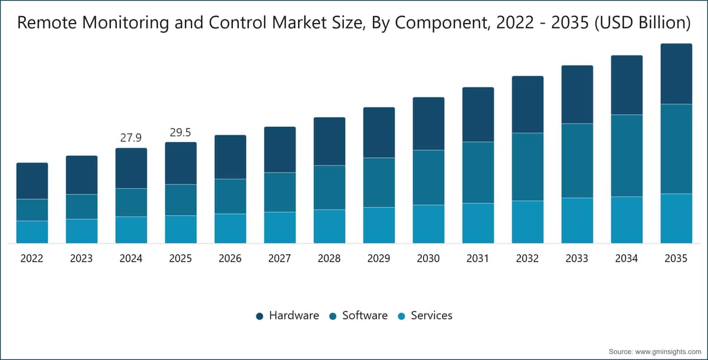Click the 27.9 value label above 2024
click(131, 138)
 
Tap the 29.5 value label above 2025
click(181, 132)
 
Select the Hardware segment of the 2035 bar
click(676, 74)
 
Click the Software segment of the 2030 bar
click(428, 177)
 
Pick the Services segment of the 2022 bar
click(32, 232)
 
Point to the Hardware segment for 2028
click(329, 141)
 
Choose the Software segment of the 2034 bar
click(627, 155)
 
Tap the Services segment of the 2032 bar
click(527, 222)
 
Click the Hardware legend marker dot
click(260, 316)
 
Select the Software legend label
click(365, 315)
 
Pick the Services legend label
click(431, 315)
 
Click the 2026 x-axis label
click(230, 258)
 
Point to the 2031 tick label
click(477, 258)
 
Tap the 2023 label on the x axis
click(81, 258)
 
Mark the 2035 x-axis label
click(676, 258)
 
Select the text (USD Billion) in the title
click(643, 23)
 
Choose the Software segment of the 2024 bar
click(131, 202)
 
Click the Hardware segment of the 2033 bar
click(577, 94)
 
